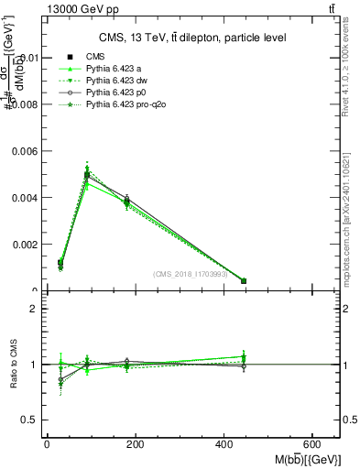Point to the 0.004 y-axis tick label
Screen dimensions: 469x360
(24, 198)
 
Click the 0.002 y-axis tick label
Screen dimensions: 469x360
(24, 245)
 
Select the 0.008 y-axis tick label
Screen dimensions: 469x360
(24, 104)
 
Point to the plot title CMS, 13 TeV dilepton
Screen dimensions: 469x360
(192, 38)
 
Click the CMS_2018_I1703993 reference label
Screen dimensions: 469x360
(191, 273)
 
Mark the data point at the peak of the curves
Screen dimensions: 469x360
(87, 174)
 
